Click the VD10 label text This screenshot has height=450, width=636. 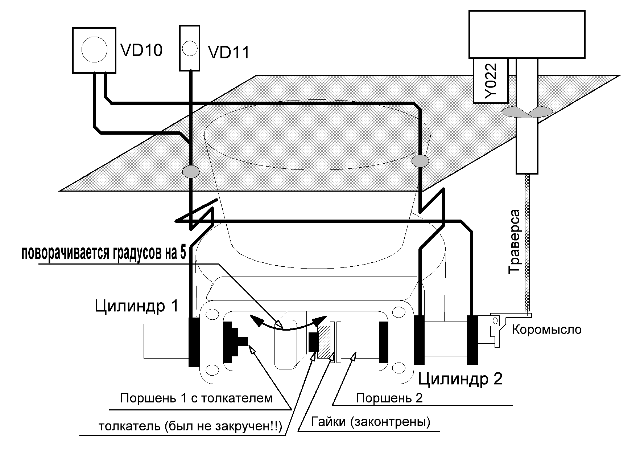click(141, 50)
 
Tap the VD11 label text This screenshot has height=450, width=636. click(229, 53)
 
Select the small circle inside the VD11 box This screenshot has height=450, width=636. click(190, 48)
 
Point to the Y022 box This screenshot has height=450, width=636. click(490, 81)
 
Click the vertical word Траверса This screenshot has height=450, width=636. click(515, 241)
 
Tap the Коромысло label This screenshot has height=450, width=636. click(546, 330)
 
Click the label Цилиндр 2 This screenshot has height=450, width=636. click(461, 379)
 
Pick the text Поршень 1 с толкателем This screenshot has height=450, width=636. click(196, 398)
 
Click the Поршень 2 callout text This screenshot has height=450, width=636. click(389, 398)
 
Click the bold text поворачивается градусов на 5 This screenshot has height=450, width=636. click(104, 253)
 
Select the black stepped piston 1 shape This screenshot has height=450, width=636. click(234, 341)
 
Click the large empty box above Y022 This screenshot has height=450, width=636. click(527, 34)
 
